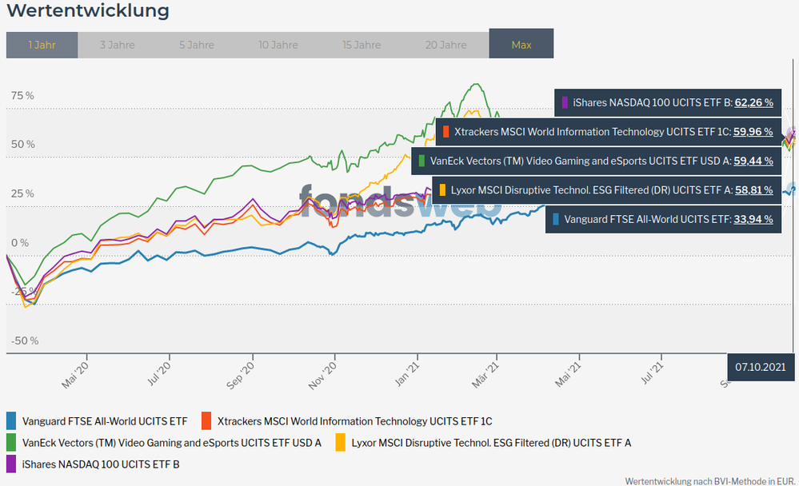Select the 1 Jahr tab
pyautogui.click(x=42, y=45)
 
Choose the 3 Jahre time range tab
pyautogui.click(x=117, y=45)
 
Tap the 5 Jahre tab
pyautogui.click(x=196, y=45)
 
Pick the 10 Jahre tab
pyautogui.click(x=278, y=45)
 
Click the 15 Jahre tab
pyautogui.click(x=362, y=45)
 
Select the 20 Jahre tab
pyautogui.click(x=445, y=45)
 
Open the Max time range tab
pyautogui.click(x=521, y=45)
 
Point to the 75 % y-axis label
pyautogui.click(x=22, y=96)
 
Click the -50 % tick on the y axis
pyautogui.click(x=23, y=341)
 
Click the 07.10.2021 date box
pyautogui.click(x=761, y=367)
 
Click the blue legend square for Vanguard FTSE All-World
pyautogui.click(x=11, y=420)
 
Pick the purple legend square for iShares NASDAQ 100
pyautogui.click(x=11, y=463)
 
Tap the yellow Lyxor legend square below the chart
pyautogui.click(x=340, y=442)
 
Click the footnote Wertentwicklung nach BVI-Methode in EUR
pyautogui.click(x=710, y=481)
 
